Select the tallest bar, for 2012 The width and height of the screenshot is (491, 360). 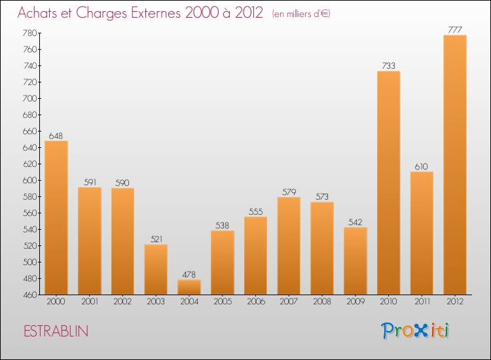455,164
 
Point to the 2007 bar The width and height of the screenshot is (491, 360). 289,245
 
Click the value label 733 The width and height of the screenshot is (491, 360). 388,65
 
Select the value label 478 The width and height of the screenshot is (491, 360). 189,274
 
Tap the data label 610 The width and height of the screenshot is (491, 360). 422,166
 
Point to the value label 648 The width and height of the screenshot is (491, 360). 56,135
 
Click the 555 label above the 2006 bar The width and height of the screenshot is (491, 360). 255,211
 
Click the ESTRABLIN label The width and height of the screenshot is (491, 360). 56,331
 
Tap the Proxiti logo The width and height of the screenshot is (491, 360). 415,331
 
